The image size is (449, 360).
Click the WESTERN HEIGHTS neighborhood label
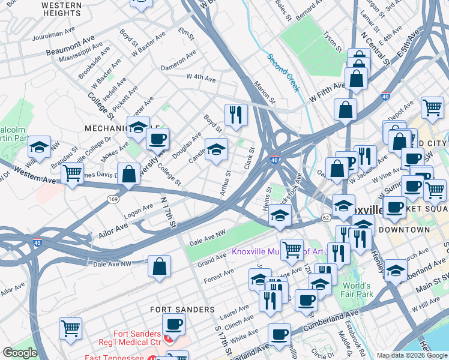click(62, 8)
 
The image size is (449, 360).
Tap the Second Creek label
click(283, 72)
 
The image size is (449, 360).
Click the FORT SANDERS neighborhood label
click(182, 309)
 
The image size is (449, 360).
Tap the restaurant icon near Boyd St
click(236, 114)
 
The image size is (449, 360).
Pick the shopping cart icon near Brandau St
click(72, 173)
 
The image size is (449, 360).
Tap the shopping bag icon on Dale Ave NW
click(159, 267)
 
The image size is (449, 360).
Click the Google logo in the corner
click(20, 353)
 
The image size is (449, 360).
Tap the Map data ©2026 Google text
click(412, 355)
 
